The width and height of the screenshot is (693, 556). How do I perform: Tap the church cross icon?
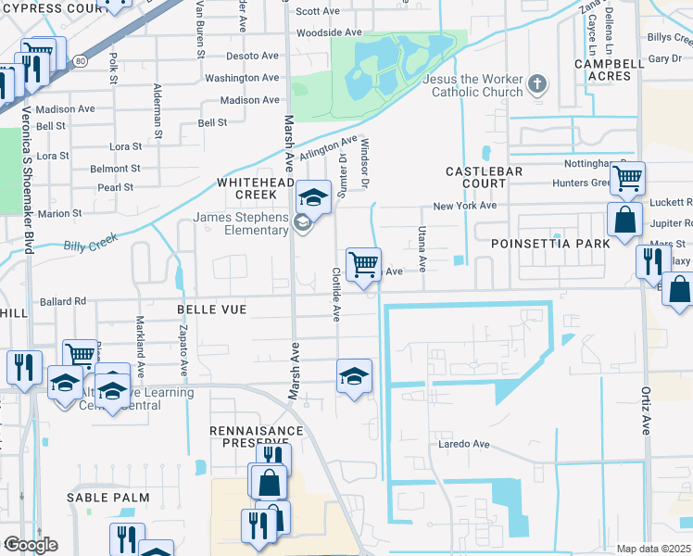point(536,86)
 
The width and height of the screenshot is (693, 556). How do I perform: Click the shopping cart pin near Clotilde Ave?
point(363,262)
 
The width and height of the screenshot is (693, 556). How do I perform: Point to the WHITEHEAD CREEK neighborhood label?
point(247,189)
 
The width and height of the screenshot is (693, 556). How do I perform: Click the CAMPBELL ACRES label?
point(609,69)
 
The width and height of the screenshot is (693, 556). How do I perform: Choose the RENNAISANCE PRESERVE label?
point(256,436)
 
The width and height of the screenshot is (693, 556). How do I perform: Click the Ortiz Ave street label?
point(646,412)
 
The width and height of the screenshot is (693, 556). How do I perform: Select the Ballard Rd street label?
point(62,301)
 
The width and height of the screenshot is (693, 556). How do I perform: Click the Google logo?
point(31,545)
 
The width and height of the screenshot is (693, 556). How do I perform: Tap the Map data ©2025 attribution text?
point(653,549)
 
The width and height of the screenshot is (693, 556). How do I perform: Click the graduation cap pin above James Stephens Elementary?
point(314,197)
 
